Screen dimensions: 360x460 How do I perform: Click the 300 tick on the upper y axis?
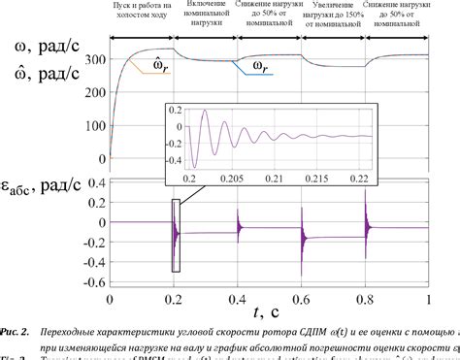click(x=94, y=59)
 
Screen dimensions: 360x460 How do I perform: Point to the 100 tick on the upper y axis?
click(x=94, y=126)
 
